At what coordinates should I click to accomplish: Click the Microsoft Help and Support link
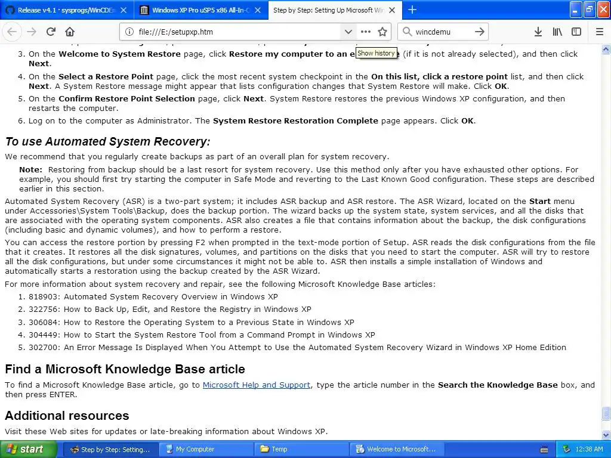pos(256,385)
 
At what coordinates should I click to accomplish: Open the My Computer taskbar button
pos(195,449)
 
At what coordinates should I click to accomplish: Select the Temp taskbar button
pos(279,449)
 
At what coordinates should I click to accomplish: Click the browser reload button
pos(51,32)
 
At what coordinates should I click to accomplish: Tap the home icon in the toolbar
pos(70,32)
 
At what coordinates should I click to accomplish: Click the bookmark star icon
pos(382,32)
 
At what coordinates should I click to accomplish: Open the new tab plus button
pos(412,10)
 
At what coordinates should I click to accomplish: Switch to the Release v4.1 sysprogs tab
pos(66,10)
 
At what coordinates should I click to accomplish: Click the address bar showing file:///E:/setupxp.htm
pos(233,32)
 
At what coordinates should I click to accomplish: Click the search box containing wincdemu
pos(442,32)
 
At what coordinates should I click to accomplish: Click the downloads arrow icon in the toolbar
pos(538,32)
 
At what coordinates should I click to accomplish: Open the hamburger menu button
pos(600,32)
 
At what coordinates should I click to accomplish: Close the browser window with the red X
pos(602,9)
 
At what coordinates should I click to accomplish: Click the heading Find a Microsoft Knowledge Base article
pos(125,369)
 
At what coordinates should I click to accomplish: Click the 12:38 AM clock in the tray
pos(590,449)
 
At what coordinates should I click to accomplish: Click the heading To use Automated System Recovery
pos(107,142)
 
